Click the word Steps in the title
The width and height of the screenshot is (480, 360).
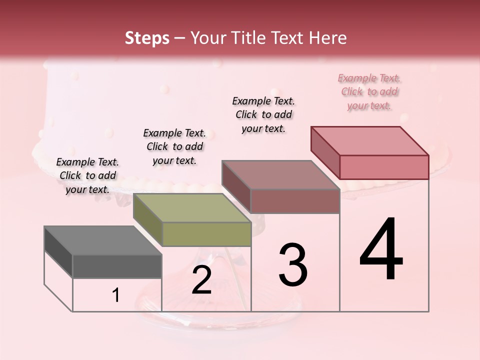pos(147,38)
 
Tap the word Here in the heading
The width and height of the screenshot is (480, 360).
pos(327,38)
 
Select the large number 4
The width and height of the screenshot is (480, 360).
pos(381,250)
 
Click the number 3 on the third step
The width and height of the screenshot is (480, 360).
pos(293,265)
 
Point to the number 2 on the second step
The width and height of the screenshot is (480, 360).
pos(201,280)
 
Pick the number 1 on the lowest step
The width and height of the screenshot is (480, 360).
pos(116,295)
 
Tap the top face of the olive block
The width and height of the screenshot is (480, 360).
pos(191,208)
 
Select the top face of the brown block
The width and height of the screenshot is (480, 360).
pos(280,175)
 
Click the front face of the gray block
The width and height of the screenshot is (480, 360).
pos(117,266)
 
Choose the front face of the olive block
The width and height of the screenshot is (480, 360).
pos(206,234)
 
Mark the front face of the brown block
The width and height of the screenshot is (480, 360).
pos(295,201)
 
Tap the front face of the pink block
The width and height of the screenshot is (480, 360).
pos(384,167)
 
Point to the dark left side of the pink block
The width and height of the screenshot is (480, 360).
pos(325,152)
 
